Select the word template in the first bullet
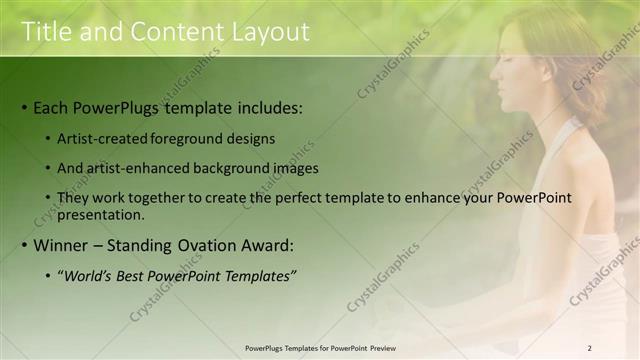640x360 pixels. (x=196, y=107)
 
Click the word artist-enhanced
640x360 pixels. (x=144, y=168)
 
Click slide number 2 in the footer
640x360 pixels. (x=589, y=347)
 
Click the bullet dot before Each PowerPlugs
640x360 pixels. (x=24, y=108)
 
